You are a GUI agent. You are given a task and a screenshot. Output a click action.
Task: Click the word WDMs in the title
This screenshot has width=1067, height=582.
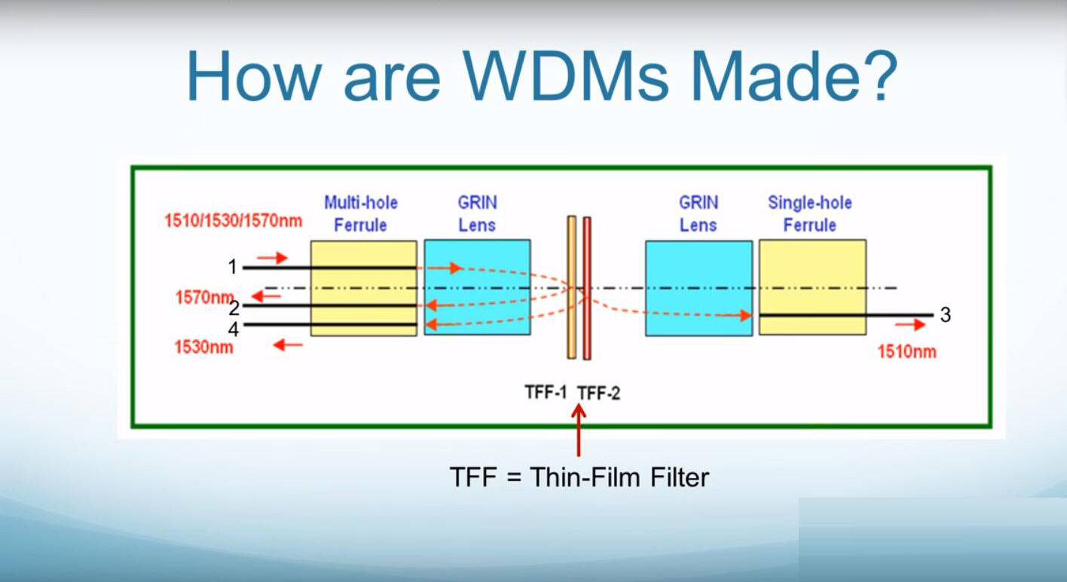[x=566, y=76]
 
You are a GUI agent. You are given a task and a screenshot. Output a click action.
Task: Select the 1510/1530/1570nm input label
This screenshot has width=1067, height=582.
[x=234, y=221]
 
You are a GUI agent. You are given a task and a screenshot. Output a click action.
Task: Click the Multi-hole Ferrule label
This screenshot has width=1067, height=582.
[x=361, y=213]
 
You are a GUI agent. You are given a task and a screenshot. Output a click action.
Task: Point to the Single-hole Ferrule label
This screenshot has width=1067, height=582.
[x=810, y=213]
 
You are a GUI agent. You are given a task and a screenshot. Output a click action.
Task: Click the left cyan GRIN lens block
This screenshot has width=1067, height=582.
[x=477, y=287]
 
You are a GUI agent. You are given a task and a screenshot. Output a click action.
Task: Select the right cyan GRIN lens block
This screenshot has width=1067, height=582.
[x=699, y=289]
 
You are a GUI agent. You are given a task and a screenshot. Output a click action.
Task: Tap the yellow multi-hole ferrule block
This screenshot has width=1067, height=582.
[x=364, y=289]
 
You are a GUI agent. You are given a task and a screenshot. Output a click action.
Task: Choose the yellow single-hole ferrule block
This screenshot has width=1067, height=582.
[x=812, y=287]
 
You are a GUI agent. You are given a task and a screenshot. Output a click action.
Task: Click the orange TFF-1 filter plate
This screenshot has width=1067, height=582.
[x=572, y=287]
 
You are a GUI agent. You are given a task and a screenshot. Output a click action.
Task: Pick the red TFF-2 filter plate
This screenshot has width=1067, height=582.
[x=587, y=289]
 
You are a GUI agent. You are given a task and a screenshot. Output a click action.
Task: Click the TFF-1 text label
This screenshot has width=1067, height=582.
[x=546, y=392]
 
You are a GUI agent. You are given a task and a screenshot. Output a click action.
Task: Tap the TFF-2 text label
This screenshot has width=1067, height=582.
[x=599, y=394]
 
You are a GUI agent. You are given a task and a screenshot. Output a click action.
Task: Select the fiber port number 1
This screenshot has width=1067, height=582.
[x=232, y=267]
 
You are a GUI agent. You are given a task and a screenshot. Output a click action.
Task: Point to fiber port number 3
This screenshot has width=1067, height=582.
[x=946, y=314]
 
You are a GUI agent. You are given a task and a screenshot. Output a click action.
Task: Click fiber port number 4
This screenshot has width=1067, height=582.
[x=234, y=329]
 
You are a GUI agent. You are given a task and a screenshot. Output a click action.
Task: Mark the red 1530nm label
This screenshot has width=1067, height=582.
[x=204, y=347]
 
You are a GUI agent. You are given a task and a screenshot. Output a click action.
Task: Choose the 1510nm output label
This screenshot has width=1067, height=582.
[x=907, y=352]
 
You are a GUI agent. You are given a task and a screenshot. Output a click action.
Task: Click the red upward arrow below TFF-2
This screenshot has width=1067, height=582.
[x=578, y=430]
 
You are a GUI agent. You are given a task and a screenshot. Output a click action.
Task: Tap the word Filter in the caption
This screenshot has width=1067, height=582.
[x=680, y=477]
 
